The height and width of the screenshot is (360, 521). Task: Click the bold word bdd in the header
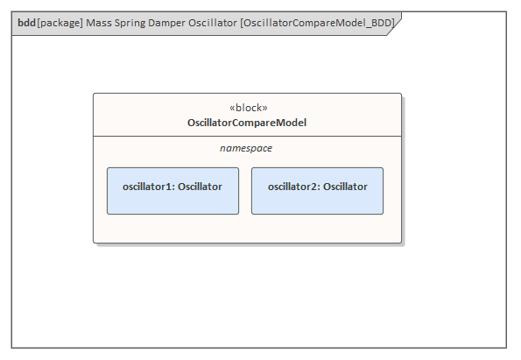point(26,23)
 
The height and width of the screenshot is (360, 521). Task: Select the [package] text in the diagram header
point(60,23)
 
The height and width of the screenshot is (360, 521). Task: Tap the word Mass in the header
point(99,23)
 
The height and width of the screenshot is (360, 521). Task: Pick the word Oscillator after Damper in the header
point(213,23)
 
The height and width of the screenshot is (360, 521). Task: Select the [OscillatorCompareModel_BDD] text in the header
point(317,23)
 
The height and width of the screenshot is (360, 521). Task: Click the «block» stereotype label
point(248,108)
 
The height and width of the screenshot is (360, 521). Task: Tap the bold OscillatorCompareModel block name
point(247,123)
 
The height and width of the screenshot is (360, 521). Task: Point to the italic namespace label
point(246,148)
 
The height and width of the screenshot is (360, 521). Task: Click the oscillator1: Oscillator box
point(172,191)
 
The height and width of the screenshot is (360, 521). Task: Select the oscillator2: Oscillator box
point(317,191)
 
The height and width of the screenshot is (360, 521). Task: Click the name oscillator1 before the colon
point(147,187)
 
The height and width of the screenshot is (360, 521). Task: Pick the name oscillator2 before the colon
point(292,187)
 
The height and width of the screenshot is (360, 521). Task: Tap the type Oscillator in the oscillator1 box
point(200,187)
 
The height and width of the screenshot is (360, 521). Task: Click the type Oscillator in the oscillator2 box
point(345,187)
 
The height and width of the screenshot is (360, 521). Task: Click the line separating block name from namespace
point(247,136)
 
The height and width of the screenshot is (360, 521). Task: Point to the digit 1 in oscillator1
point(169,187)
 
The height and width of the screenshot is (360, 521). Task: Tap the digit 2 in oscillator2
point(314,187)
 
